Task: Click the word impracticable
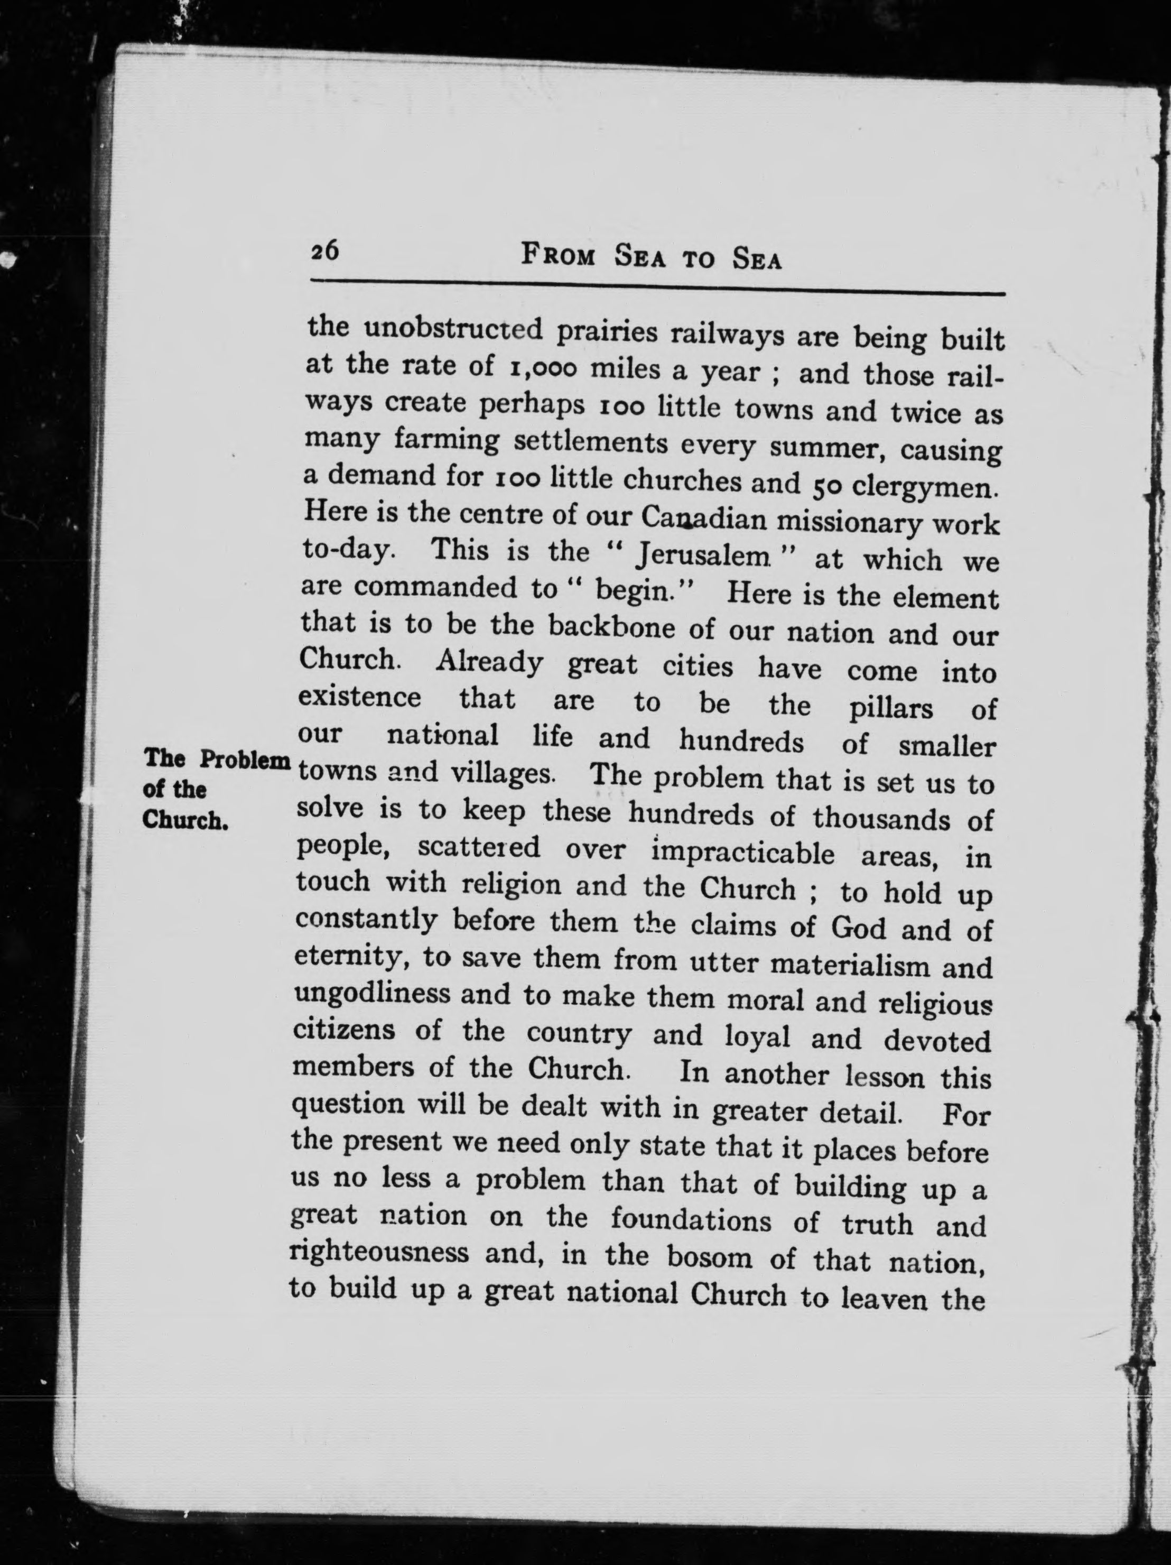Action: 742,853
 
